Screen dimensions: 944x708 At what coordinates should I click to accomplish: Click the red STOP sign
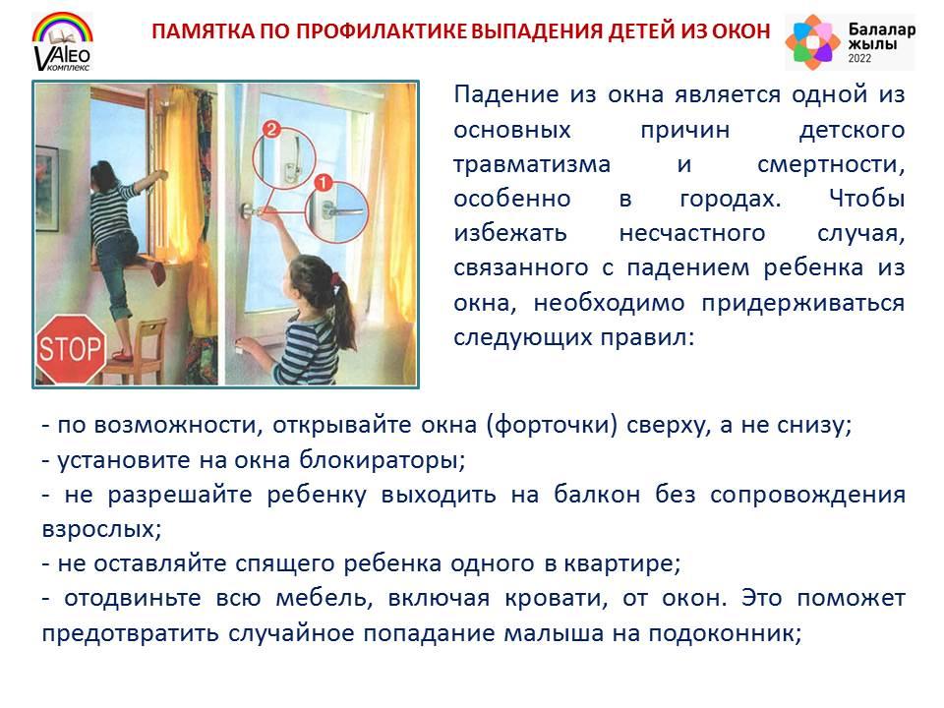click(71, 349)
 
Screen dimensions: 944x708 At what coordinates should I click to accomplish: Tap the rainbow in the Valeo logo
click(63, 29)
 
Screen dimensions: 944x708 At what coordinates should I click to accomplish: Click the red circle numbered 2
click(271, 129)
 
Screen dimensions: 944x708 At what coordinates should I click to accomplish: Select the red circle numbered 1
click(324, 183)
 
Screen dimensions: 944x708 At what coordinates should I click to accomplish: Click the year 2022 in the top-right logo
click(859, 58)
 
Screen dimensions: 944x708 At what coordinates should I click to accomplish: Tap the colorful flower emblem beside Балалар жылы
click(812, 41)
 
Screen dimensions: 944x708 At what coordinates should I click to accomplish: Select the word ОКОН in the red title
click(741, 31)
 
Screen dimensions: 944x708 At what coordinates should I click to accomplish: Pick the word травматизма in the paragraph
click(532, 164)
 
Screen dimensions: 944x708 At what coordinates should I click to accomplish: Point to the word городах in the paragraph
click(731, 200)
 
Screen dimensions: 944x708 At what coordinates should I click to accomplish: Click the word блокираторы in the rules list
click(383, 460)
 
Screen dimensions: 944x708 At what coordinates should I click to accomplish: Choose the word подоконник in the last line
click(725, 634)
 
